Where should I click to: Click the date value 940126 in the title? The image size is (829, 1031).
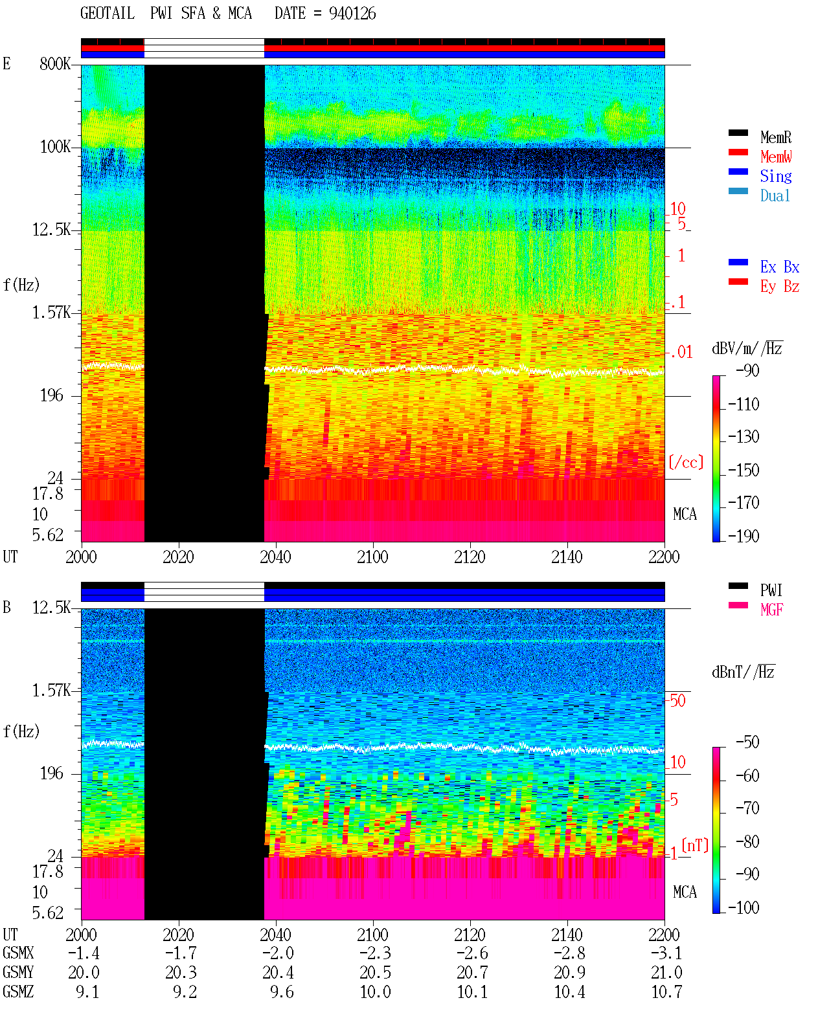click(352, 14)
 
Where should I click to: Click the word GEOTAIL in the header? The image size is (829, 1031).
click(108, 14)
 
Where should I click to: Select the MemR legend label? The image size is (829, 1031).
click(775, 137)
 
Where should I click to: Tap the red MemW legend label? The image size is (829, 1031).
click(775, 157)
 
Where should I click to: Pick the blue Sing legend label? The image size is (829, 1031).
click(775, 176)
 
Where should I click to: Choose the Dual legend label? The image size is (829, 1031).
click(775, 195)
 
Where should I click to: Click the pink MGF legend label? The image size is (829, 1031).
click(771, 610)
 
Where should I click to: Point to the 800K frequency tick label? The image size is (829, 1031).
click(55, 63)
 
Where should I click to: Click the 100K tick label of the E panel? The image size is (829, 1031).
click(55, 147)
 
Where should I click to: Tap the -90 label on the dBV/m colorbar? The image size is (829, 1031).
click(747, 370)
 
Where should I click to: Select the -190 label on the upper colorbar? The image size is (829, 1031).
click(743, 536)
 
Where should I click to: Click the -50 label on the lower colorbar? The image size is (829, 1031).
click(747, 742)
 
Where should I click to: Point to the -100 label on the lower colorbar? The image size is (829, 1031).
click(743, 907)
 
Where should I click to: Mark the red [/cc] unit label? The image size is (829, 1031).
click(686, 462)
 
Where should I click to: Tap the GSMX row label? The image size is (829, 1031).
click(18, 953)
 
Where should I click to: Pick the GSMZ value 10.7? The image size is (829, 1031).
click(666, 992)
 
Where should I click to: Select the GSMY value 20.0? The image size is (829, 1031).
click(84, 973)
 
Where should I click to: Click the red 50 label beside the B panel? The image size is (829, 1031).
click(677, 701)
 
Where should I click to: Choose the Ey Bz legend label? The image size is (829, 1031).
click(780, 287)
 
